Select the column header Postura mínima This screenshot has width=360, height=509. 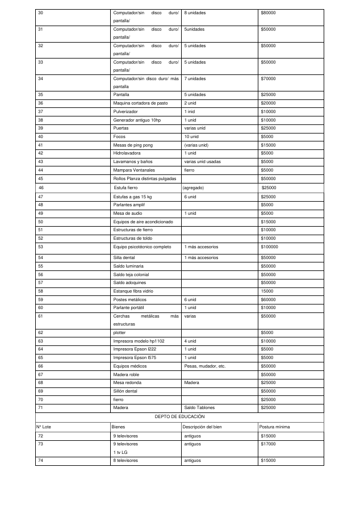[274, 426]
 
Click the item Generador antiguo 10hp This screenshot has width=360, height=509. [137, 120]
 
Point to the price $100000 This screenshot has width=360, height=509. [269, 247]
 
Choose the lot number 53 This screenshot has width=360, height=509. [40, 247]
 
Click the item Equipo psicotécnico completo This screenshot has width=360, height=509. [142, 247]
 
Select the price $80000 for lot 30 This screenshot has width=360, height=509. [268, 12]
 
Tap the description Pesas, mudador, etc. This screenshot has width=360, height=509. [204, 366]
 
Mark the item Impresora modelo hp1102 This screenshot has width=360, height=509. [139, 341]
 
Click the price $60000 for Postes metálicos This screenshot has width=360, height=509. [268, 299]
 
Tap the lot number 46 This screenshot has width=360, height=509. [41, 187]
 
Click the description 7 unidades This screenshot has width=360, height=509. [195, 78]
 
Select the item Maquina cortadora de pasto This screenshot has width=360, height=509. [140, 103]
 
